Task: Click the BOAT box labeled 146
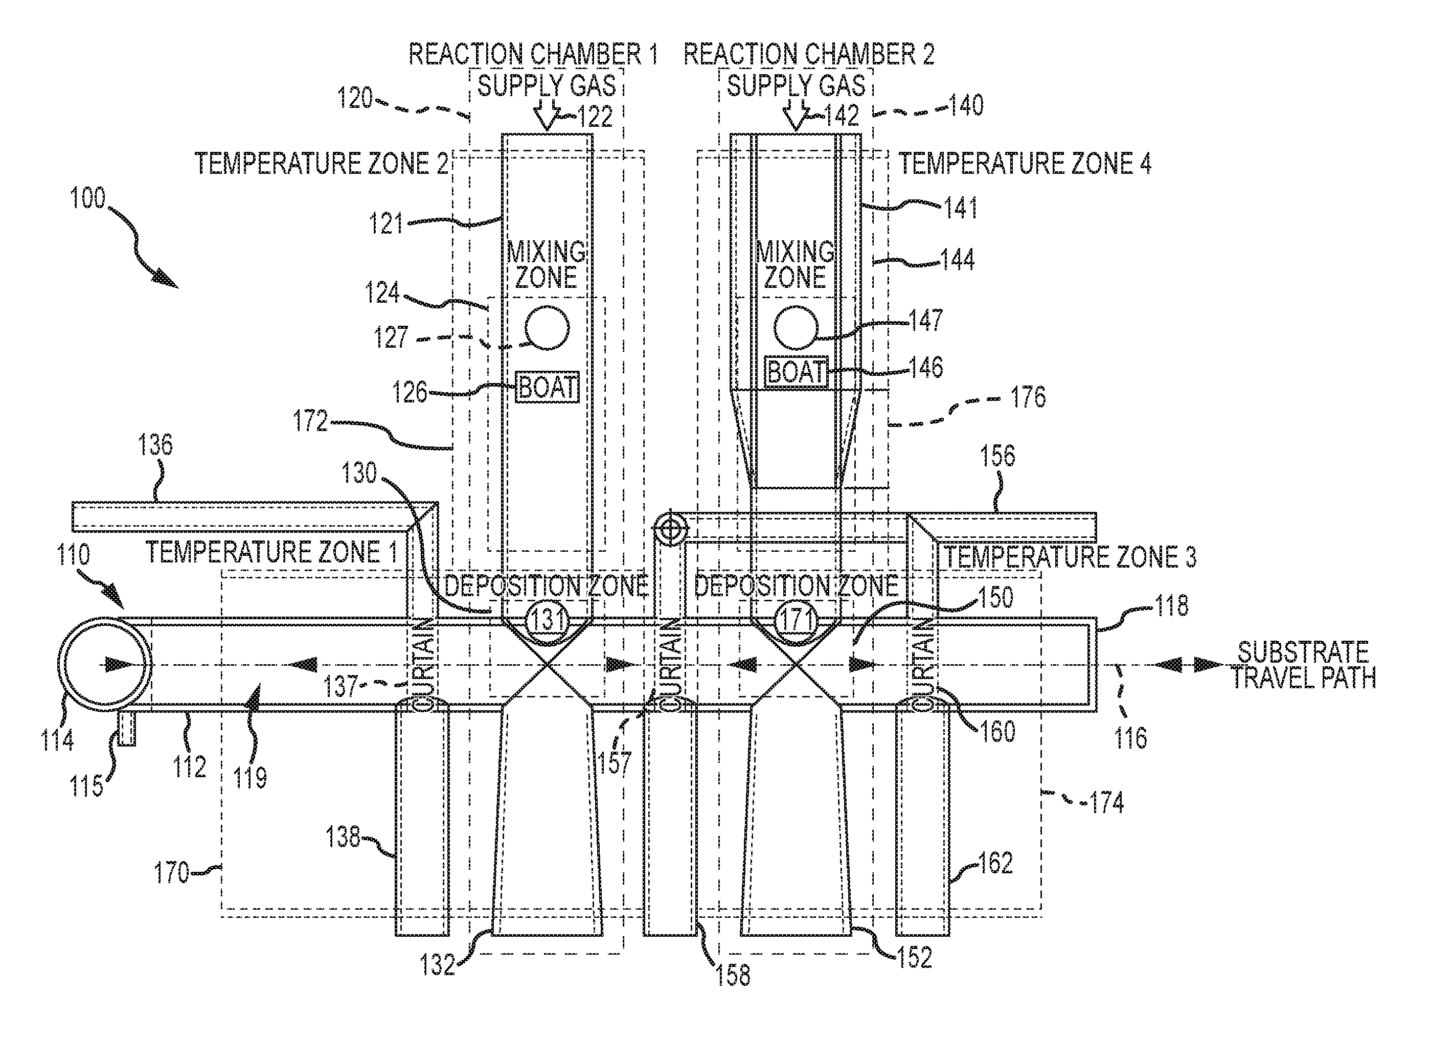click(x=796, y=372)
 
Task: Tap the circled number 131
click(x=548, y=620)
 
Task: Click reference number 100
click(x=87, y=198)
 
